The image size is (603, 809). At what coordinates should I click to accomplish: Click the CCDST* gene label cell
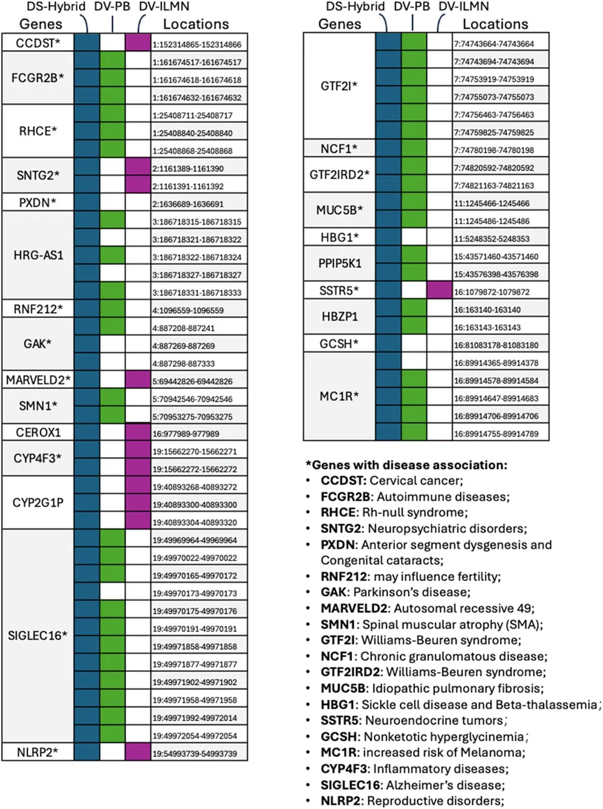pyautogui.click(x=38, y=43)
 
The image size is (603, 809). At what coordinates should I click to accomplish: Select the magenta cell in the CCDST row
pyautogui.click(x=138, y=43)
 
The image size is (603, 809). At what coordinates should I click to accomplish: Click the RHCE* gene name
pyautogui.click(x=38, y=131)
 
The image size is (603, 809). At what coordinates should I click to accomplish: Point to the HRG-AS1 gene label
pyautogui.click(x=38, y=255)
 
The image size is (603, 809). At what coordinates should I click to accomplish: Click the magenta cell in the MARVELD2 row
pyautogui.click(x=138, y=380)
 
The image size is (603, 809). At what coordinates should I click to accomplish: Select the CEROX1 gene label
pyautogui.click(x=38, y=432)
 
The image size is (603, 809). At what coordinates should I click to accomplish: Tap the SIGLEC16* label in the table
pyautogui.click(x=38, y=636)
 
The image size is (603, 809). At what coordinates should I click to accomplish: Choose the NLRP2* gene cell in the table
pyautogui.click(x=38, y=752)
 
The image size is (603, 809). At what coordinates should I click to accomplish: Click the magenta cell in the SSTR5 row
pyautogui.click(x=439, y=291)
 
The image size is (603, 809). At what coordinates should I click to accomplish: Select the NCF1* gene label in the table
pyautogui.click(x=339, y=149)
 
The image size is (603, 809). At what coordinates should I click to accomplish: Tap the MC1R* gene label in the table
pyautogui.click(x=339, y=396)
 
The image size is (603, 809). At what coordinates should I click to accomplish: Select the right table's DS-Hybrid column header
pyautogui.click(x=355, y=7)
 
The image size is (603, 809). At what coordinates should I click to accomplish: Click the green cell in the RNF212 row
pyautogui.click(x=112, y=309)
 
